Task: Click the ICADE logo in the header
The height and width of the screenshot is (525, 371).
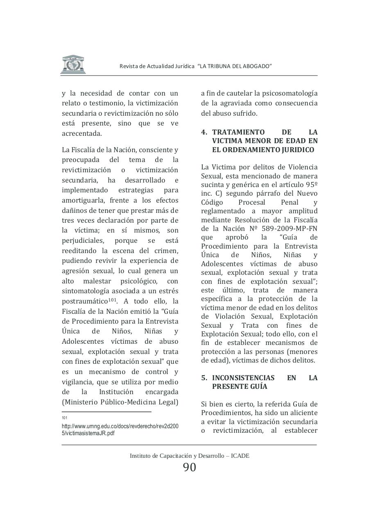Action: pyautogui.click(x=73, y=64)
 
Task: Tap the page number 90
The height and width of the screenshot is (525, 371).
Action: pyautogui.click(x=190, y=467)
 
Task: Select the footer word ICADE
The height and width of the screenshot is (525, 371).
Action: pyautogui.click(x=240, y=456)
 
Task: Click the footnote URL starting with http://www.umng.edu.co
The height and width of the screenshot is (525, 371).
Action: pyautogui.click(x=120, y=429)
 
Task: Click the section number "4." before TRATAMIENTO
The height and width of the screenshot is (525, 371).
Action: pyautogui.click(x=204, y=132)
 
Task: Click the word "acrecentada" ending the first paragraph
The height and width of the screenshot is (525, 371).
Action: pyautogui.click(x=81, y=133)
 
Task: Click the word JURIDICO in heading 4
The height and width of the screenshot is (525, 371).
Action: pyautogui.click(x=298, y=150)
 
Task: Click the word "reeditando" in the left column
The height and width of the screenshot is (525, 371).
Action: pyautogui.click(x=79, y=251)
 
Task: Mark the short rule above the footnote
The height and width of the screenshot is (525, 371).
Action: pyautogui.click(x=106, y=411)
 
